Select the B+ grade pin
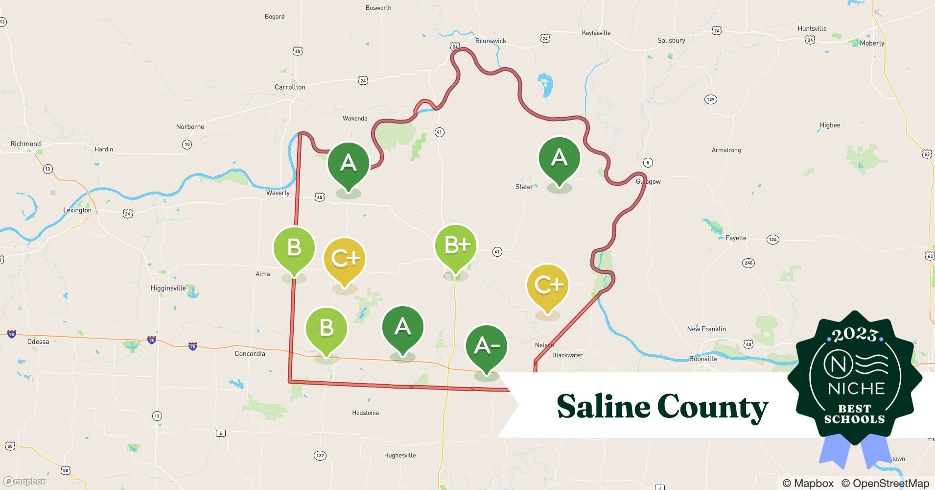point(455,245)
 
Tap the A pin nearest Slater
point(559,158)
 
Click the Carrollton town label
point(290,87)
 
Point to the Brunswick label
point(491,41)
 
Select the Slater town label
point(524,187)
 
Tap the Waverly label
point(278,193)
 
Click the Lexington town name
point(77,210)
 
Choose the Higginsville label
point(168,288)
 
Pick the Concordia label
point(250,354)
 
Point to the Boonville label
point(702,359)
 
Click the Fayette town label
point(736,238)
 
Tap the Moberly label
point(872,43)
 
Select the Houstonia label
point(365,413)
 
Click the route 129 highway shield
point(710,99)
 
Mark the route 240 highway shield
point(748,263)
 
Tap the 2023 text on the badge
point(854,335)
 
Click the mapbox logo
point(24,482)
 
